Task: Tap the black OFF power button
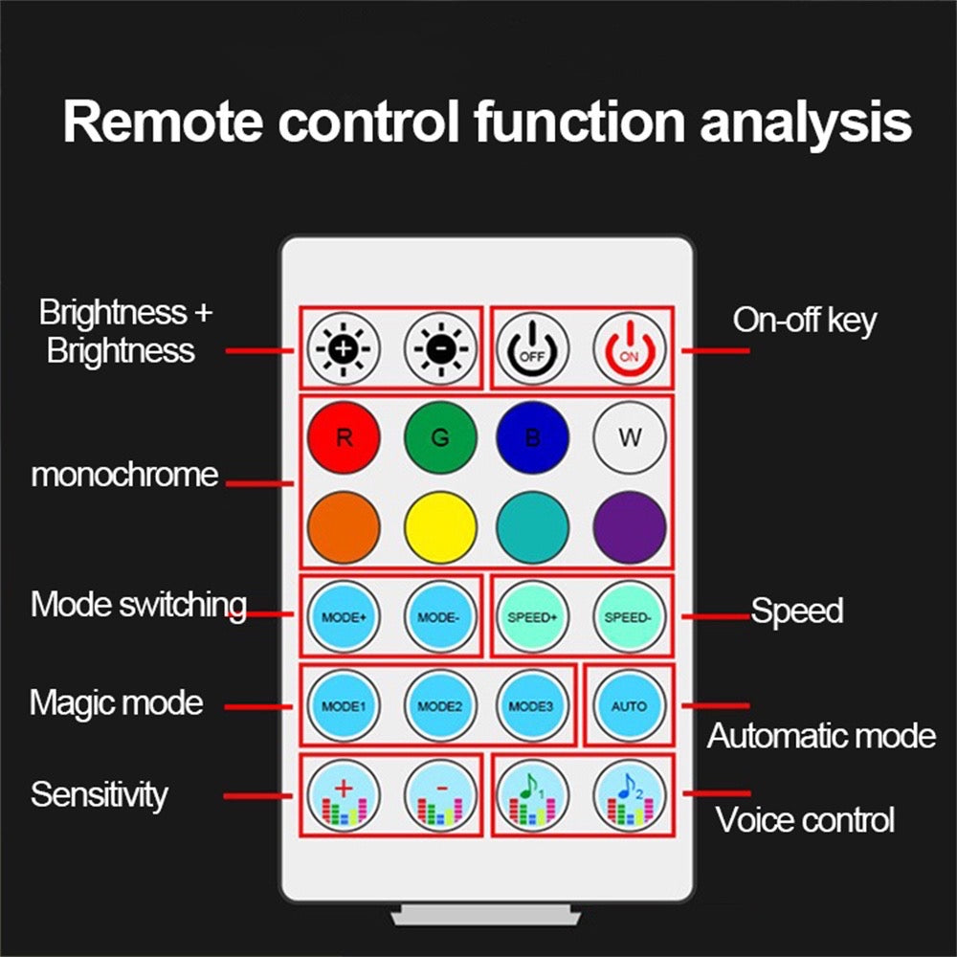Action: point(532,347)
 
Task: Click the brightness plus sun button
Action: point(344,347)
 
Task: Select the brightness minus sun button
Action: point(439,347)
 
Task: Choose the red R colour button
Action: point(344,437)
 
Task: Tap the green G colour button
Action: point(439,437)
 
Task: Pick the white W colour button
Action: point(629,437)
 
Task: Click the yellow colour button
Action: point(439,527)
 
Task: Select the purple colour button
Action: point(629,527)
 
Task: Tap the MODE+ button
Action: point(344,617)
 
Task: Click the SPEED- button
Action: point(628,617)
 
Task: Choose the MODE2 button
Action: point(439,706)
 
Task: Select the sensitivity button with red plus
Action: point(344,797)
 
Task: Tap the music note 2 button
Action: point(628,797)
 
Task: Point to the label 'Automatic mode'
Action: point(821,736)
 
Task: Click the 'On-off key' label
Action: point(804,321)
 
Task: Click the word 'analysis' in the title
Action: point(806,122)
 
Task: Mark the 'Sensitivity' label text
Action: point(99,794)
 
